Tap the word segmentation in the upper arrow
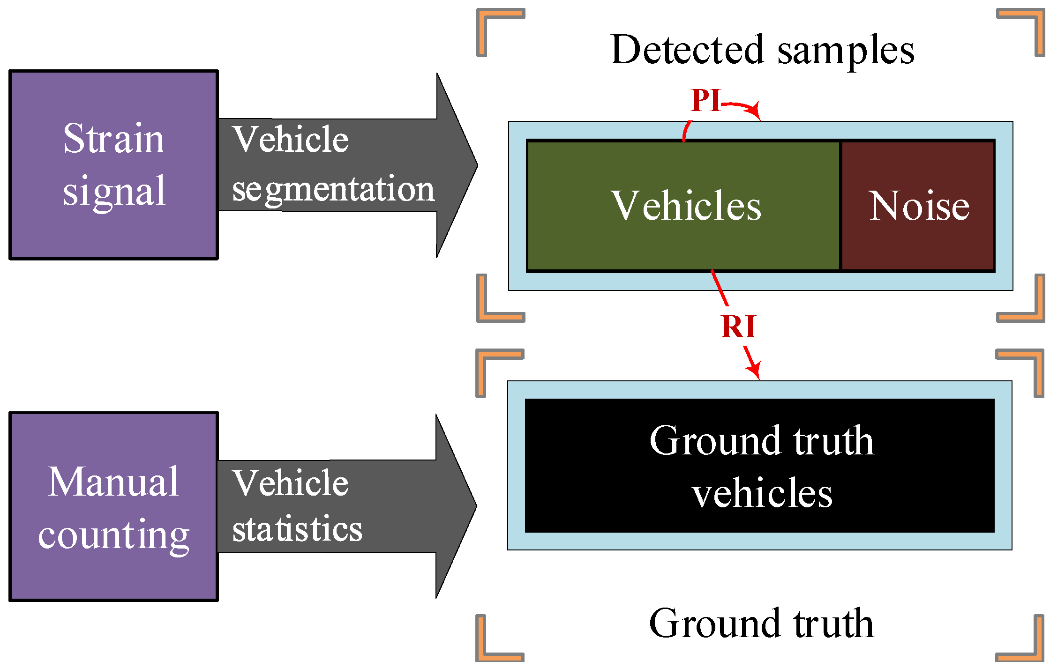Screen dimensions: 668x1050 333,189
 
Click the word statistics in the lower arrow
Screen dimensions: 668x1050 297,529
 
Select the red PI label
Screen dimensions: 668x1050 705,100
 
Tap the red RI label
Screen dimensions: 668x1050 738,327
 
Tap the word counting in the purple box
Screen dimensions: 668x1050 113,535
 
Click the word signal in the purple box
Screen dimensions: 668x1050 113,191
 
